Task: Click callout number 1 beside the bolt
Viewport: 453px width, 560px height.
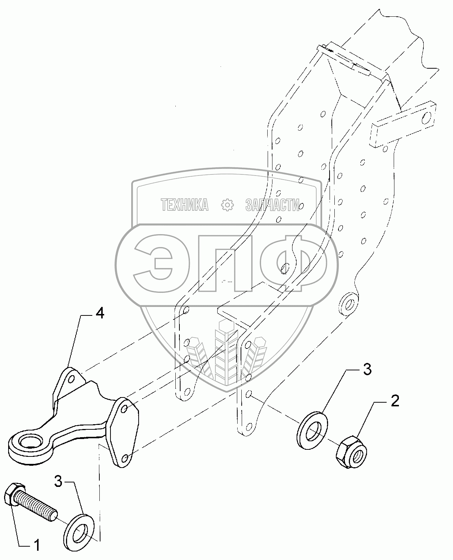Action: click(x=36, y=545)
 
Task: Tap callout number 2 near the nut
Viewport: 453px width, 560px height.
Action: click(x=395, y=401)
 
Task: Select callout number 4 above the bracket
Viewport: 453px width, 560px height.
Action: click(x=99, y=314)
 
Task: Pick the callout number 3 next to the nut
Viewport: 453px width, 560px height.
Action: click(x=366, y=370)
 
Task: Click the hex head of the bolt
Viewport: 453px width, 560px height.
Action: click(x=14, y=494)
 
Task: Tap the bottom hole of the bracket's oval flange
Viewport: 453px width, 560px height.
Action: click(x=125, y=458)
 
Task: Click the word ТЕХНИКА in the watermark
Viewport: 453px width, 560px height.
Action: click(x=185, y=205)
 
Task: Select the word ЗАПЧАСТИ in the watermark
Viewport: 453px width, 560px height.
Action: click(x=272, y=205)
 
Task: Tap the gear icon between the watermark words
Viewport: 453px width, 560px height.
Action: click(x=227, y=204)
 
